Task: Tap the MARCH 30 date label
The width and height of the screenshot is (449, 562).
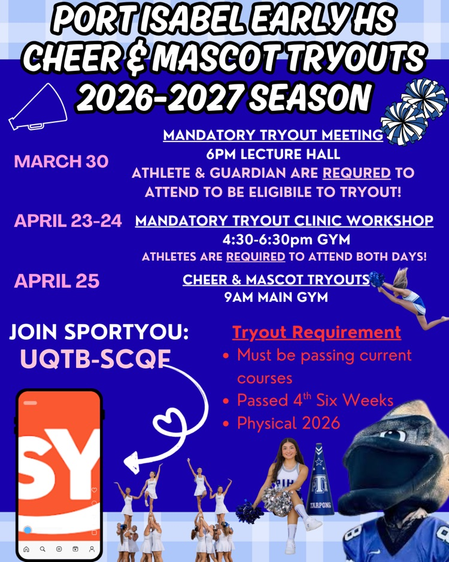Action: pyautogui.click(x=61, y=161)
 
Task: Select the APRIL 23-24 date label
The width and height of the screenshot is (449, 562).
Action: pyautogui.click(x=68, y=220)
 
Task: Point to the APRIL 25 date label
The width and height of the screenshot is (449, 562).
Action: pyautogui.click(x=57, y=281)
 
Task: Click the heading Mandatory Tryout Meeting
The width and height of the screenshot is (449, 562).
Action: pyautogui.click(x=273, y=135)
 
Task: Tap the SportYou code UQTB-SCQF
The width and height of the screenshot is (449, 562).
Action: pyautogui.click(x=95, y=359)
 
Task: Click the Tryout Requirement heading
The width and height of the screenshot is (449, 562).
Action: pyautogui.click(x=316, y=332)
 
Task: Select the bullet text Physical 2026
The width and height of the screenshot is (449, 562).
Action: pyautogui.click(x=289, y=423)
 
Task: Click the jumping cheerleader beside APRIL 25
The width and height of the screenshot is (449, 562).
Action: pyautogui.click(x=413, y=297)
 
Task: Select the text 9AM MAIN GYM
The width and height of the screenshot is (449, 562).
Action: pyautogui.click(x=276, y=297)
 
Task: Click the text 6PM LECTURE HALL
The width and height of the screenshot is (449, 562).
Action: pyautogui.click(x=273, y=154)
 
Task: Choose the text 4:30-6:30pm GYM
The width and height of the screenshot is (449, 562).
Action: pyautogui.click(x=286, y=240)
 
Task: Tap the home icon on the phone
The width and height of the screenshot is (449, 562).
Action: pyautogui.click(x=26, y=548)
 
